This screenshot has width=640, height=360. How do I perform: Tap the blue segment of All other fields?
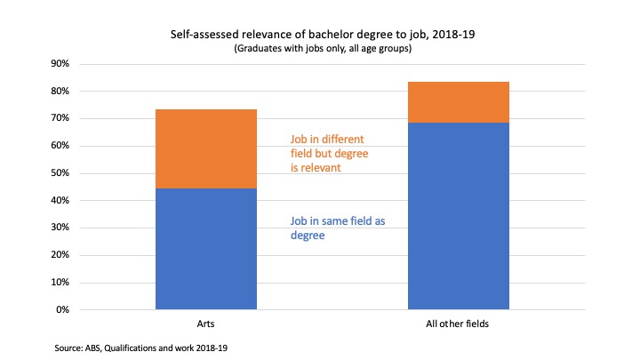pyautogui.click(x=460, y=216)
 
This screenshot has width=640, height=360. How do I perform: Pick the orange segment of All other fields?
pyautogui.click(x=460, y=102)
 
